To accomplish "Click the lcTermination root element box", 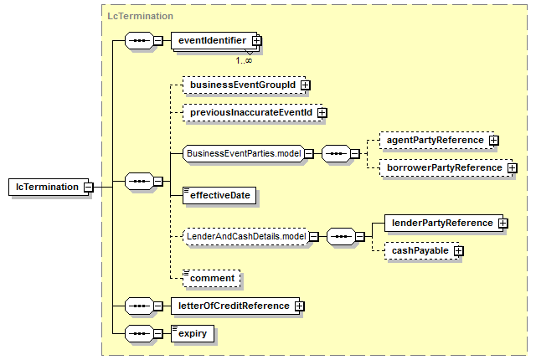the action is click(x=49, y=187).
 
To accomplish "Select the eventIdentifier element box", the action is click(x=214, y=41).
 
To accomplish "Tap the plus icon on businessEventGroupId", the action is click(x=305, y=85).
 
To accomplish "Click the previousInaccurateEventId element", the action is click(x=253, y=113).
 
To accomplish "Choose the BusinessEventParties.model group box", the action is click(x=244, y=154).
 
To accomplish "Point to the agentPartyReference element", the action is click(x=437, y=141).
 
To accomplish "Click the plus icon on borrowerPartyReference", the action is click(x=512, y=168).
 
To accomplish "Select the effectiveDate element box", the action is click(x=219, y=195).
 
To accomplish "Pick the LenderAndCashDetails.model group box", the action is click(x=245, y=236).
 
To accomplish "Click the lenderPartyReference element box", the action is click(x=444, y=223).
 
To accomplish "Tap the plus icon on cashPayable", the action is click(x=459, y=251).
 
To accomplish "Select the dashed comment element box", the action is click(x=212, y=278).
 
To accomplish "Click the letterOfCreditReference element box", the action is click(x=235, y=306).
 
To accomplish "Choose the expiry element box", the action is click(x=193, y=334).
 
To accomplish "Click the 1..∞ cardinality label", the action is click(x=244, y=61).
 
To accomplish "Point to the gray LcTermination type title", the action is click(x=140, y=16).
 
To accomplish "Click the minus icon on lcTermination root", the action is click(x=89, y=188).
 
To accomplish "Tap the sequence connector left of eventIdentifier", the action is click(x=140, y=41).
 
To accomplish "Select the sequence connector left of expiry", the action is click(x=140, y=334).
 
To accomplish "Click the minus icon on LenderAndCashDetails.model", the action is click(x=314, y=236).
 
